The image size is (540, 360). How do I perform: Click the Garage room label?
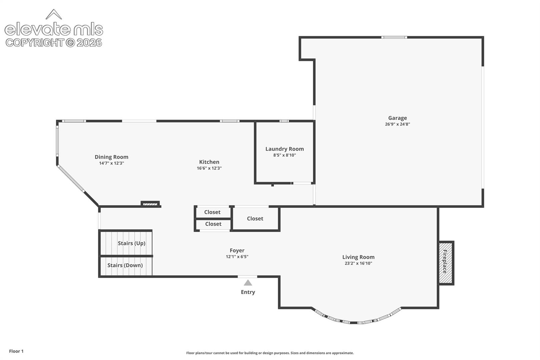[x=397, y=118]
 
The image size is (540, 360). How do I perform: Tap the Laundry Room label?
[x=284, y=149]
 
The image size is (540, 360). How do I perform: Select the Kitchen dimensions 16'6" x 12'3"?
[x=209, y=168]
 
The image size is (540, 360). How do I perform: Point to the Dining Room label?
[x=111, y=157]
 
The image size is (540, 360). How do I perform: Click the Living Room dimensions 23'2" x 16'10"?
[x=358, y=263]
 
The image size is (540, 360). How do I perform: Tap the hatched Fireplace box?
[x=446, y=263]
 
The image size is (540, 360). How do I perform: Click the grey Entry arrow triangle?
[x=248, y=283]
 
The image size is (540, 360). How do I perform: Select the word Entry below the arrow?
[x=248, y=292]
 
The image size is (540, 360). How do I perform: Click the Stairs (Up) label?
[x=131, y=243]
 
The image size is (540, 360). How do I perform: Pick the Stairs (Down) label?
[x=125, y=265]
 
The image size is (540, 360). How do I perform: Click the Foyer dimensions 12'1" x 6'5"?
[x=237, y=257]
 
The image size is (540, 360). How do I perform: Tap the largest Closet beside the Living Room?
[x=255, y=218]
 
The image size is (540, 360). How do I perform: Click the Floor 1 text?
[x=16, y=351]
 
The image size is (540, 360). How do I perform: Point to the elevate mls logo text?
[x=54, y=29]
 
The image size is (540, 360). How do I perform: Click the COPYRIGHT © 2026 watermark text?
[x=54, y=43]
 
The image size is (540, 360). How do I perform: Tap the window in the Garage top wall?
[x=394, y=37]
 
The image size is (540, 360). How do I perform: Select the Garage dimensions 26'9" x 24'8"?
[x=397, y=124]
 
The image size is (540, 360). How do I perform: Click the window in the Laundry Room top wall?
[x=284, y=121]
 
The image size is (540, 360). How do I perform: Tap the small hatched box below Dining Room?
[x=150, y=204]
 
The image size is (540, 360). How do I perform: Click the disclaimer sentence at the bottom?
[x=270, y=353]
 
